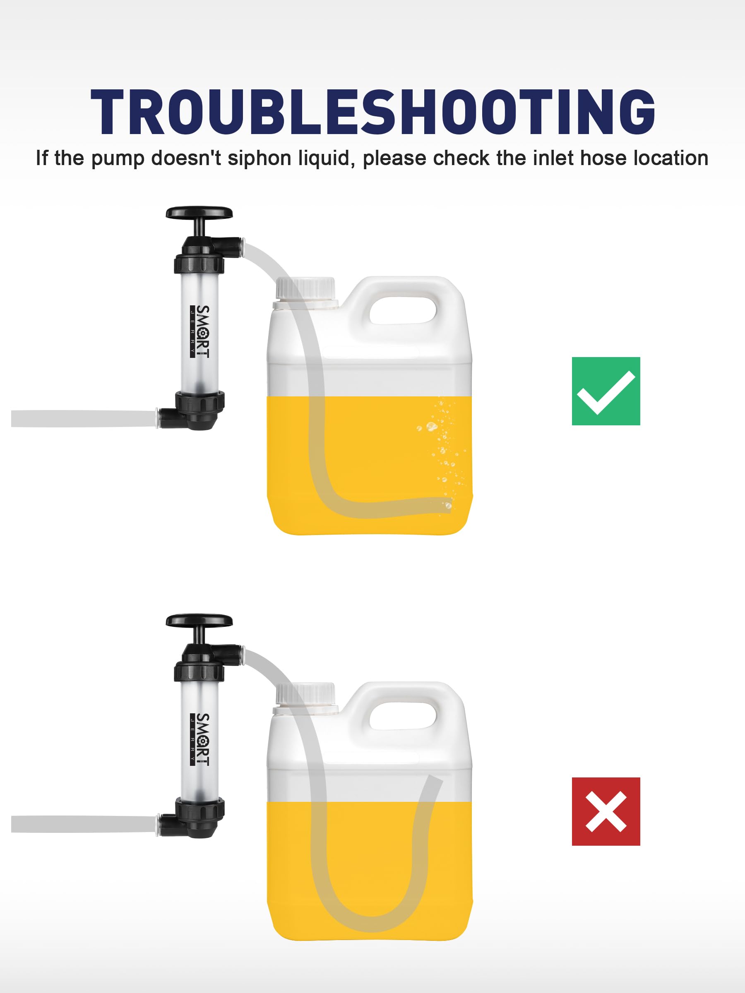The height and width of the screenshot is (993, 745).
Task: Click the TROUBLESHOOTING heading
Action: coord(373,112)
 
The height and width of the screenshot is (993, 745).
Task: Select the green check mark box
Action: coord(606,391)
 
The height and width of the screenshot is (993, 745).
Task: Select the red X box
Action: coord(606,812)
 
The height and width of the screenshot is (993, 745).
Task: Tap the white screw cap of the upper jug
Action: coord(305,289)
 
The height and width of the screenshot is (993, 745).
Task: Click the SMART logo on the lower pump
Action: coord(200,739)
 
